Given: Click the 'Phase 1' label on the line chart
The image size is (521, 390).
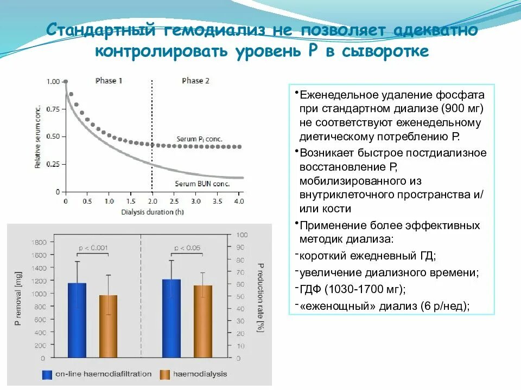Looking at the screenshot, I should (109, 81).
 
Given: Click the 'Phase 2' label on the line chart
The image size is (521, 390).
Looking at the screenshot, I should (195, 81).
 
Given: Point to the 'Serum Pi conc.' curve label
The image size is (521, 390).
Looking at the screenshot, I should (200, 139).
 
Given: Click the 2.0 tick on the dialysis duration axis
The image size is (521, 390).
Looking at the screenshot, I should (153, 201).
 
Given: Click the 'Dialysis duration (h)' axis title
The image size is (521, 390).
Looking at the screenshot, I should (149, 212).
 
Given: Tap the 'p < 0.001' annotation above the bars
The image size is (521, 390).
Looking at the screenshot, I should (93, 249).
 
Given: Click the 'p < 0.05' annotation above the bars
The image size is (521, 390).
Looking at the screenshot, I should (187, 249).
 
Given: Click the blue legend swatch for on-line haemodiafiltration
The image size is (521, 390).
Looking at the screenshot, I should (47, 374).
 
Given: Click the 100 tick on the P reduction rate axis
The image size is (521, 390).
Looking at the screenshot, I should (242, 236).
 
